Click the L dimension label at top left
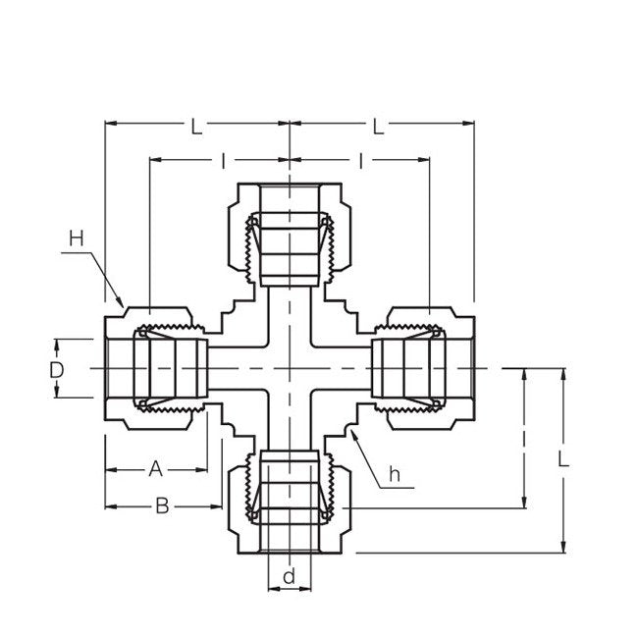tap(197, 127)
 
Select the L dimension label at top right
tap(377, 127)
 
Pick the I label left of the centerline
tap(224, 159)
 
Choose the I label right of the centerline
tap(361, 159)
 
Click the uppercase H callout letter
tap(77, 239)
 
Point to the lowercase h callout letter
tap(394, 474)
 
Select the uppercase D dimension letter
tap(57, 369)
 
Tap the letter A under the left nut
tap(154, 468)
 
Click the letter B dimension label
tap(162, 505)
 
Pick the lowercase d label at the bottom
tap(289, 576)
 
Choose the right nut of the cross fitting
tap(424, 368)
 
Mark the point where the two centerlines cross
tap(290, 368)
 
